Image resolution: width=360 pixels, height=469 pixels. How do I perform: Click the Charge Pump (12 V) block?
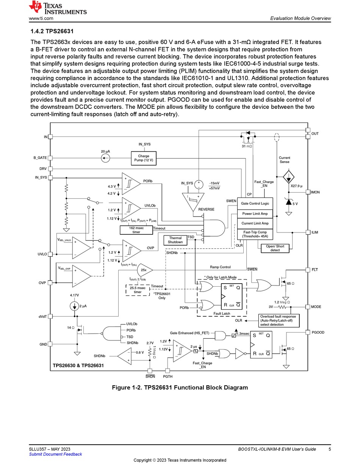point(144,158)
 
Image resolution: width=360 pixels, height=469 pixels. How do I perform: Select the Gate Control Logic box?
point(255,203)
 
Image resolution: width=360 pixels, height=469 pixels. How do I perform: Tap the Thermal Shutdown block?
point(175,240)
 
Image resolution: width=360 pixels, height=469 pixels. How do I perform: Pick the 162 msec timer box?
point(136,230)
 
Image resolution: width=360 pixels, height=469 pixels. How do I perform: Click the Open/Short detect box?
point(275,248)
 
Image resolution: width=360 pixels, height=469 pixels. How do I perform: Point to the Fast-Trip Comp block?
point(255,234)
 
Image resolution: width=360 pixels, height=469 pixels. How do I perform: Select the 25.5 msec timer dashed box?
point(138,290)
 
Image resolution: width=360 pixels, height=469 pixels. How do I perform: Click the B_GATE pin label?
point(40,158)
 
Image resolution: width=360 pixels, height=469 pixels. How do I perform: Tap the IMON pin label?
point(315,192)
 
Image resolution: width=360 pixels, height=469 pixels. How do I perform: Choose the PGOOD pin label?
point(318,332)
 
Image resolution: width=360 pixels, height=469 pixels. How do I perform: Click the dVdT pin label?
point(42,317)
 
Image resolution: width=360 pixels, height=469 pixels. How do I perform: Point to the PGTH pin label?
point(167,376)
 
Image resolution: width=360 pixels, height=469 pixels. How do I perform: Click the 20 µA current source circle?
point(105,158)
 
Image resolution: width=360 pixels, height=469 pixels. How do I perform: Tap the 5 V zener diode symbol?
point(289,202)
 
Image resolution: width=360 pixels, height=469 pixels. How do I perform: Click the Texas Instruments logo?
point(58,8)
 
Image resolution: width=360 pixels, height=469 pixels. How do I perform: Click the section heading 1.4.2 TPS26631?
point(52,31)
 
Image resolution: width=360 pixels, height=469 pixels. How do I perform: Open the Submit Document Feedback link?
point(55,454)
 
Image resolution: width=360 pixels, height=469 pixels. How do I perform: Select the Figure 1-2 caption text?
point(180,387)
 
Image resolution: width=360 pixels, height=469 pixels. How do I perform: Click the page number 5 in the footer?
point(330,449)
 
